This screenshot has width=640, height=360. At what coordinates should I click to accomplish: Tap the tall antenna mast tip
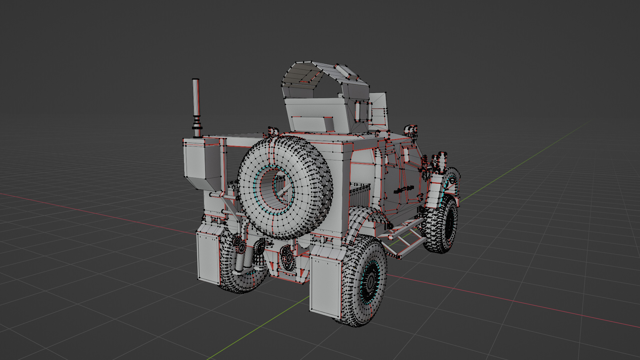pyautogui.click(x=196, y=81)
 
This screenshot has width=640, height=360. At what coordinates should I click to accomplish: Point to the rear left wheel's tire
pyautogui.click(x=233, y=280)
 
